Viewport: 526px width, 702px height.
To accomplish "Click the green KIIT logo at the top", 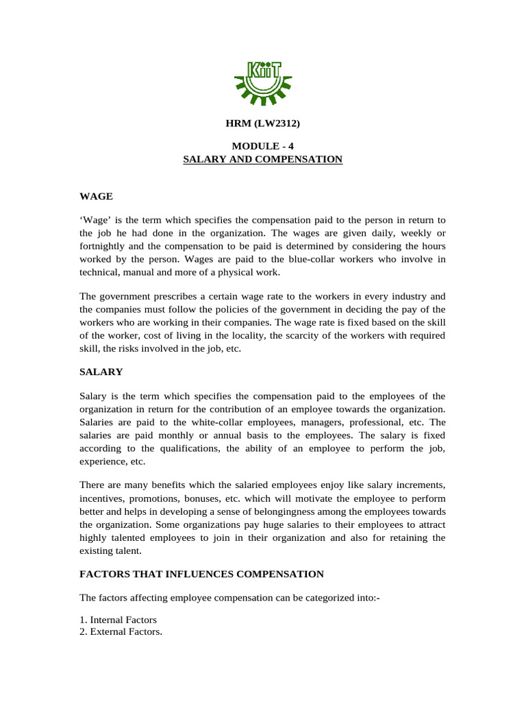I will (x=263, y=81).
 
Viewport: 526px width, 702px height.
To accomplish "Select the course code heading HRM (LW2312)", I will (x=263, y=123).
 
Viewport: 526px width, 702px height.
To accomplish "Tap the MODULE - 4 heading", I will (x=263, y=146).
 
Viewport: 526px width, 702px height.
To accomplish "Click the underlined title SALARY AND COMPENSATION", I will (x=263, y=159).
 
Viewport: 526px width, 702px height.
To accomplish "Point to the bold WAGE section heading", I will (x=94, y=197).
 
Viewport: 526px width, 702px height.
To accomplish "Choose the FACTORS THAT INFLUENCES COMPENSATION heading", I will (x=202, y=573).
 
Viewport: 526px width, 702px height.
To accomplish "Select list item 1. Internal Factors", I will (x=118, y=620).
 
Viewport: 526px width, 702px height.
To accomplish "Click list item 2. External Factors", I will (x=121, y=631).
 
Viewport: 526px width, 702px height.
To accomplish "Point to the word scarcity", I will (x=311, y=336).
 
